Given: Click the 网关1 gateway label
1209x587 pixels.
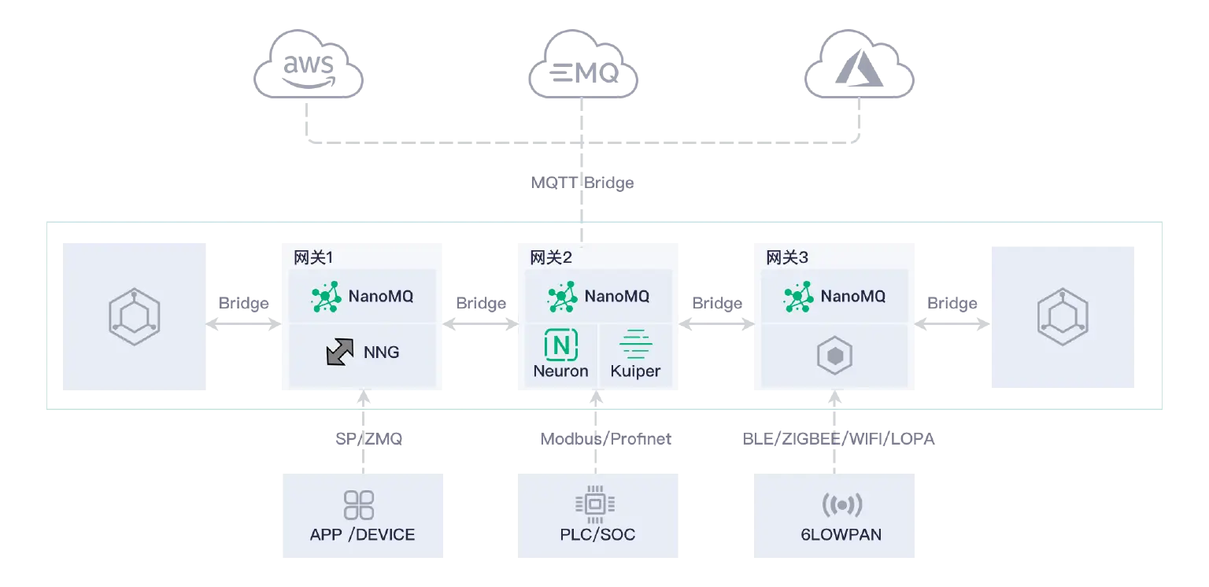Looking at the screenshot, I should [313, 257].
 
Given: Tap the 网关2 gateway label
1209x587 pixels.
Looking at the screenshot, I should [550, 257].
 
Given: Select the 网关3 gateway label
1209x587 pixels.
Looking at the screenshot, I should [786, 257].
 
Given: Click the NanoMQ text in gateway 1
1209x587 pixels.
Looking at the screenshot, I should [381, 297].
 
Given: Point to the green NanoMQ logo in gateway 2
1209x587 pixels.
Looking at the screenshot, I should [562, 297].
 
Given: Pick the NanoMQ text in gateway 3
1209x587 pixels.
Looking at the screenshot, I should [853, 297].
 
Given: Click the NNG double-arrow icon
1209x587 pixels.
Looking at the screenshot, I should [340, 352].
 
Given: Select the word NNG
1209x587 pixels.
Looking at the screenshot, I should [381, 353].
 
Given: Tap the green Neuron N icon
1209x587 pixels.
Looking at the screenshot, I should [561, 344].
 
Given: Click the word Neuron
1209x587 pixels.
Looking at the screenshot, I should [560, 371].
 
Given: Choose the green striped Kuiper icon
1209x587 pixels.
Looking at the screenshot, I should [635, 344].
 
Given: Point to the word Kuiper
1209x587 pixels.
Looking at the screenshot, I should [635, 371].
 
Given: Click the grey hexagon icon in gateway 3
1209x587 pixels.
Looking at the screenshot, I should [834, 356].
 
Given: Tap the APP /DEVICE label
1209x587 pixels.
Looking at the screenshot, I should [362, 535].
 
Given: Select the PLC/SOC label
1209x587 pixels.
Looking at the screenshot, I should [597, 535].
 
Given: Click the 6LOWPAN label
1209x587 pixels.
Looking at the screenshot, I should [841, 535].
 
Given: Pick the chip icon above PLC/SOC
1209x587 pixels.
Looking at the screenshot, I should [596, 504].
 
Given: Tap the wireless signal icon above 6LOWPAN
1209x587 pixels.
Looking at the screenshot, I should [841, 504].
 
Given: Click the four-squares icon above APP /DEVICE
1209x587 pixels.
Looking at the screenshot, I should [360, 505].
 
